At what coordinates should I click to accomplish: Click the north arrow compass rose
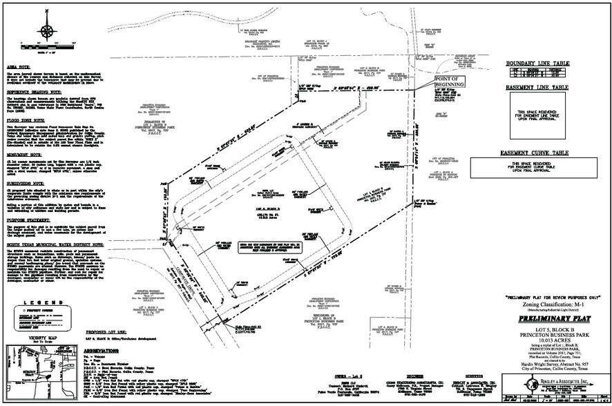[x=48, y=30]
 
